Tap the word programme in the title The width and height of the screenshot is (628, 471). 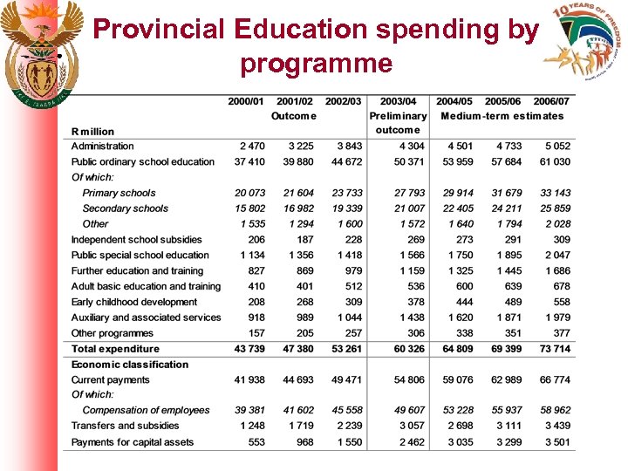click(316, 64)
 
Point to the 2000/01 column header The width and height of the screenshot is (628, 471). click(247, 101)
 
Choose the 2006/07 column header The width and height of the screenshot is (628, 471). click(551, 101)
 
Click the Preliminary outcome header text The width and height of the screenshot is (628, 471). click(399, 122)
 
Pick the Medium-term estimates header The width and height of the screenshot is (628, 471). click(502, 116)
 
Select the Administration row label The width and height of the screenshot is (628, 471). click(103, 147)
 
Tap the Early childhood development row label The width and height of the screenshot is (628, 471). click(134, 303)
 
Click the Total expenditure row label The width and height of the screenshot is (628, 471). click(115, 349)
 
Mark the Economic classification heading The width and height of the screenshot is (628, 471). click(130, 365)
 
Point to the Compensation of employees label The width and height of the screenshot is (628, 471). click(146, 411)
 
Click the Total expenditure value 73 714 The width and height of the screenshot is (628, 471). click(555, 349)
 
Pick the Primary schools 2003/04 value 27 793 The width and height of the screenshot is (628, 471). click(409, 193)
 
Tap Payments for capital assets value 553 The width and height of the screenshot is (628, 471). click(256, 442)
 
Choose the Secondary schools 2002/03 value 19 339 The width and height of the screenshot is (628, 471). click(346, 208)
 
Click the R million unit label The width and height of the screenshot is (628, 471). click(92, 132)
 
